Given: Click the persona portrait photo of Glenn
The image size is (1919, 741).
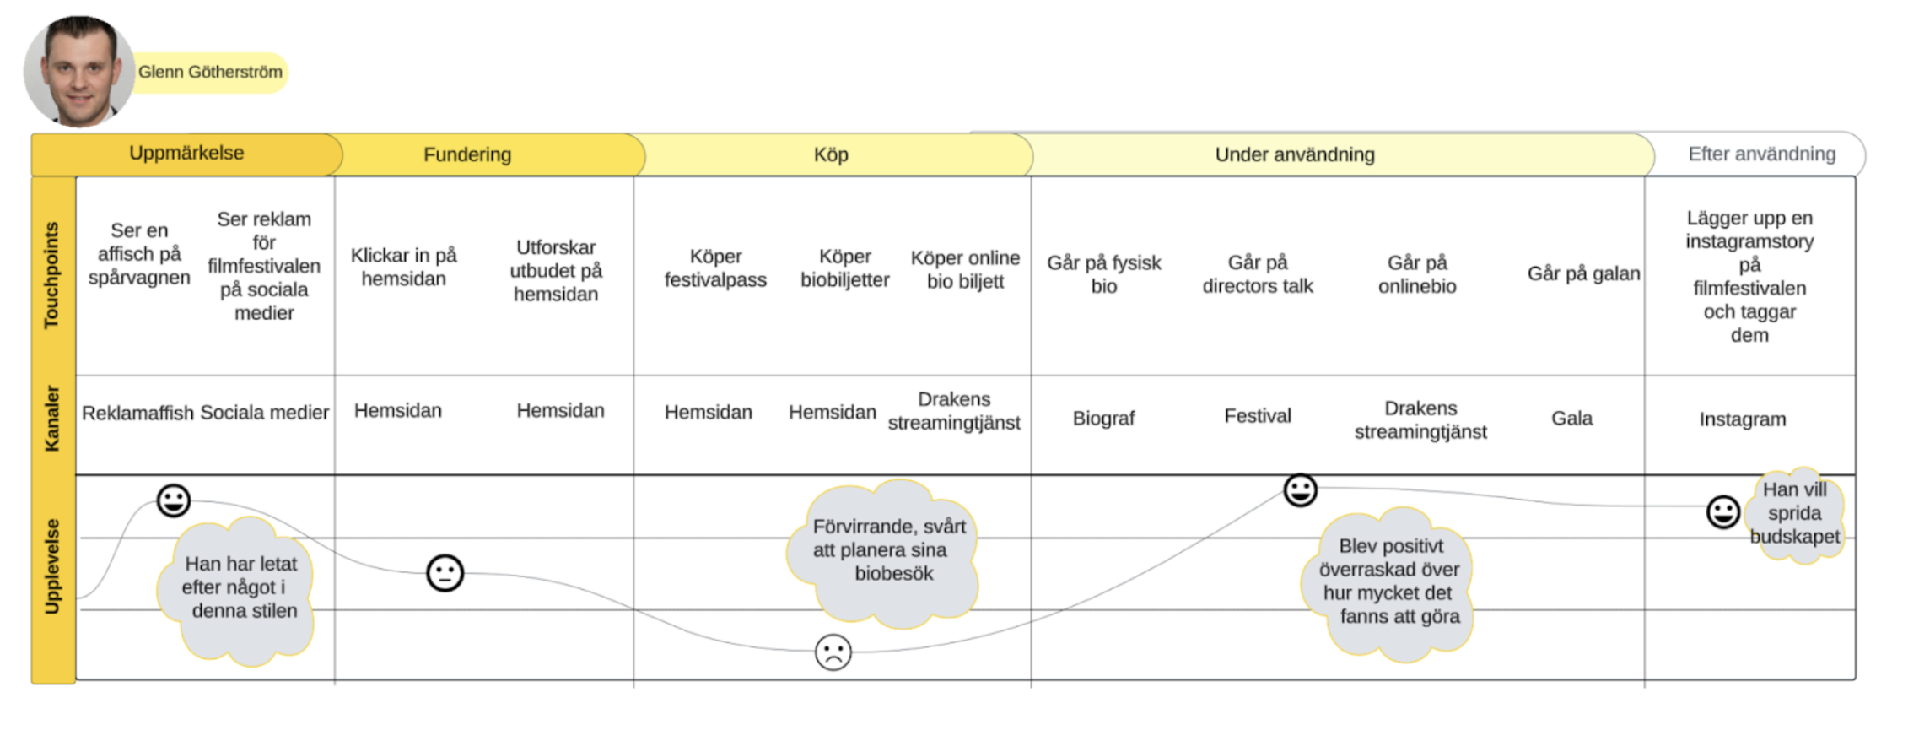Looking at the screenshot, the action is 78,71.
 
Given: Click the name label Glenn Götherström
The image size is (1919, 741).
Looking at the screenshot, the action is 210,72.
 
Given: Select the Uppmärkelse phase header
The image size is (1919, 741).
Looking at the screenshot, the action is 186,154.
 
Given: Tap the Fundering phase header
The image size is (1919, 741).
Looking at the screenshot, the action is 467,154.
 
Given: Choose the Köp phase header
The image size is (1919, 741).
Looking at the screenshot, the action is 831,154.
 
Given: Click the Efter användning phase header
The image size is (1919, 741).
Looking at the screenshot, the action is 1761,154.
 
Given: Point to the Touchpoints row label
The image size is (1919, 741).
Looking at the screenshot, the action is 52,275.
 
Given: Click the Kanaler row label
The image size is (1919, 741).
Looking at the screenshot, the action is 52,419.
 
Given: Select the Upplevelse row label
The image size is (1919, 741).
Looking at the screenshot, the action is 52,566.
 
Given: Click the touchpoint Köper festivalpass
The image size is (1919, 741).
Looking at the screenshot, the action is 715,268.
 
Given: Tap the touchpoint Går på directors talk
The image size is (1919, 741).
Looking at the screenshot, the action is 1258,274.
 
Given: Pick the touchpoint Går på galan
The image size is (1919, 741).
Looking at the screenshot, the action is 1583,273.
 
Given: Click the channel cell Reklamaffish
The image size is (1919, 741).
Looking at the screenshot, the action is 137,413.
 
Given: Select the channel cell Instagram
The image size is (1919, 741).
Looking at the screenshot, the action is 1743,419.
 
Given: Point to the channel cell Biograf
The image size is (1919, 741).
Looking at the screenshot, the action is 1103,418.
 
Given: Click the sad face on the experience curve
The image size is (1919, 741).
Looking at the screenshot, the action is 833,652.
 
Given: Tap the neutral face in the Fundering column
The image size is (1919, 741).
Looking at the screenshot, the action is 445,573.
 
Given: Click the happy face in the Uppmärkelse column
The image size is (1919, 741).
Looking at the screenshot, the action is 174,500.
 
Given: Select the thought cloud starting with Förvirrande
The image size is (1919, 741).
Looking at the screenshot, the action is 883,553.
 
